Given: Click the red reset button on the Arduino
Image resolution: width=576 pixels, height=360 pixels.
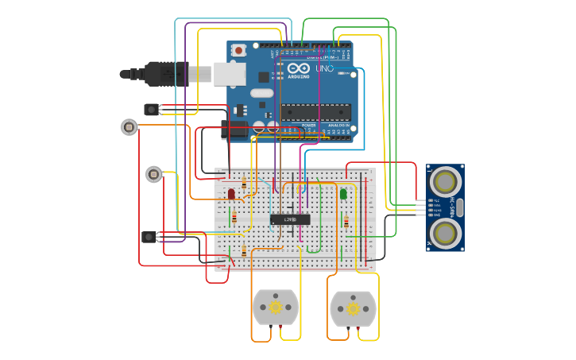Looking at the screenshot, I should tap(238, 51).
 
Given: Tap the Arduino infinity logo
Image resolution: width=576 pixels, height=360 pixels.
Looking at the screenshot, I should tap(298, 69).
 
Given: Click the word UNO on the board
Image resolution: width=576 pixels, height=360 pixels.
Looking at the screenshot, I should tap(324, 69).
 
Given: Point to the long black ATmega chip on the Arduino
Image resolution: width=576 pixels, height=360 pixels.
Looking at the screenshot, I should tap(315, 113).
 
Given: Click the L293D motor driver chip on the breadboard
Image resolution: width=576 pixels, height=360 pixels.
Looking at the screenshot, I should tap(290, 219).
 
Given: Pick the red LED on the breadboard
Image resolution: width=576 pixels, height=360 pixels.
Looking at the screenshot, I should tap(231, 193).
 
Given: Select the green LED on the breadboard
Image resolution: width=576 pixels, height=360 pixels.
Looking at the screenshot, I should tap(343, 193).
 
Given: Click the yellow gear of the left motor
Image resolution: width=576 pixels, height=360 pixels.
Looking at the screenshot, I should tap(276, 308).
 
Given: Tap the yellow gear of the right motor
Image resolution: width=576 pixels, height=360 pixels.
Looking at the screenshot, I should tap(354, 308).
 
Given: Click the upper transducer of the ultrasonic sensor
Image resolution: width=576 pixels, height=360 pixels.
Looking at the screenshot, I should tap(446, 181).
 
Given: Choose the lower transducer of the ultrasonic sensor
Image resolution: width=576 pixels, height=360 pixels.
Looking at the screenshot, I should tap(446, 233).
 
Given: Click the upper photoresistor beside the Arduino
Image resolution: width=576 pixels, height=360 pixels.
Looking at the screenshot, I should tap(129, 126).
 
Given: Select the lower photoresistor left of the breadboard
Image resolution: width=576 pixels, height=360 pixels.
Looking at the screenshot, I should tap(153, 174).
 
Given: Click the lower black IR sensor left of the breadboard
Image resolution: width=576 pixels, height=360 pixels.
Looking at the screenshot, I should tap(149, 237).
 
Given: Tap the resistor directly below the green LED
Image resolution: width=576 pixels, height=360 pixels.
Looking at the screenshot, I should tap(346, 223).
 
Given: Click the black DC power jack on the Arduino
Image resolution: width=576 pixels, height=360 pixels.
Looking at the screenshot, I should tap(233, 130).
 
